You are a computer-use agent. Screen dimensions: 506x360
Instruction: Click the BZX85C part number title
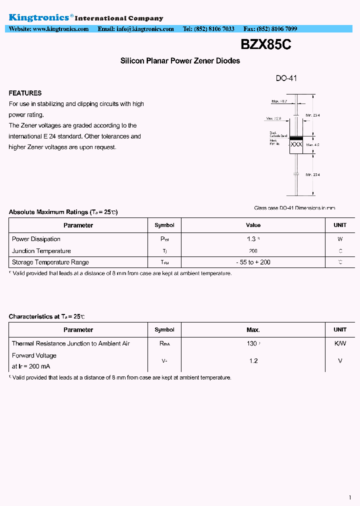(265, 45)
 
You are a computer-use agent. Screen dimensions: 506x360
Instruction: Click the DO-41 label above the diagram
(286, 78)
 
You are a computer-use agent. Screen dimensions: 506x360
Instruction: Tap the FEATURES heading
(25, 93)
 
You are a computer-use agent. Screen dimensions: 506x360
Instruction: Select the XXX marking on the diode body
(296, 144)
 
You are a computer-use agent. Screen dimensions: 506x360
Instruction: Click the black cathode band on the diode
(296, 137)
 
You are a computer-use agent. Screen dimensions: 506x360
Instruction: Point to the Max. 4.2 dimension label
(312, 145)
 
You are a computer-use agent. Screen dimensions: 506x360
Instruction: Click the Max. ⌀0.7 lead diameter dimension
(279, 101)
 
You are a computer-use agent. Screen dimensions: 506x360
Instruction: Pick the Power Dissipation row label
(36, 239)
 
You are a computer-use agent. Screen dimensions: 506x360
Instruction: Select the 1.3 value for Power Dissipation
(251, 239)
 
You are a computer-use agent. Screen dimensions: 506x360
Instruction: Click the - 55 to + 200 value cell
(253, 262)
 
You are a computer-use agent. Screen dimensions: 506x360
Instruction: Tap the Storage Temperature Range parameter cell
(50, 262)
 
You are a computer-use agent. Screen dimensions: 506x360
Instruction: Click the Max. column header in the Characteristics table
(253, 330)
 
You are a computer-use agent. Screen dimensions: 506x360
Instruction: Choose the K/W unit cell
(340, 343)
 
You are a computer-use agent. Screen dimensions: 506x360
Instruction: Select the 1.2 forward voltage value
(253, 360)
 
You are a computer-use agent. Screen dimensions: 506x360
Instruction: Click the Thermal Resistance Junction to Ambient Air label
(70, 343)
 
